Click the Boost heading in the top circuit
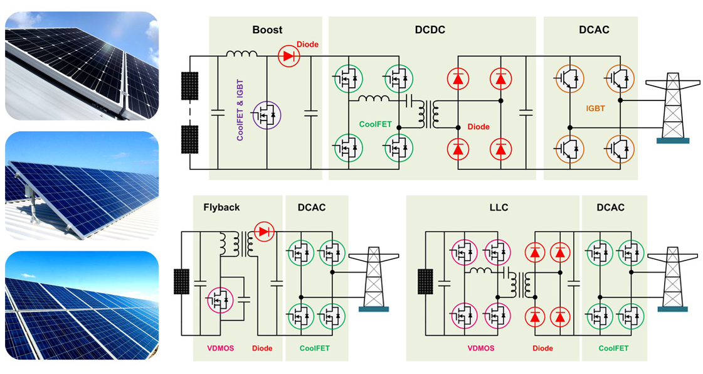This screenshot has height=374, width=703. (267, 29)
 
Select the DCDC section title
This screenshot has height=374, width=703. (430, 29)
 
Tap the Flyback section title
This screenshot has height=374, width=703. (221, 207)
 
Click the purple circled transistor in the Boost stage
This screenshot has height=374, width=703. (267, 116)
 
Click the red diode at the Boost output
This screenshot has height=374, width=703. (288, 56)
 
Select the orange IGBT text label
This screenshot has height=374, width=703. (595, 109)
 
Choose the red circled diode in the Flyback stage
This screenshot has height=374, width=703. (263, 232)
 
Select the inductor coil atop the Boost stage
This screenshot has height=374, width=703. (241, 54)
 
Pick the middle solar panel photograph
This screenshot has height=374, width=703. (82, 185)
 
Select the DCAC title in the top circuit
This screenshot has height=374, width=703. (594, 29)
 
